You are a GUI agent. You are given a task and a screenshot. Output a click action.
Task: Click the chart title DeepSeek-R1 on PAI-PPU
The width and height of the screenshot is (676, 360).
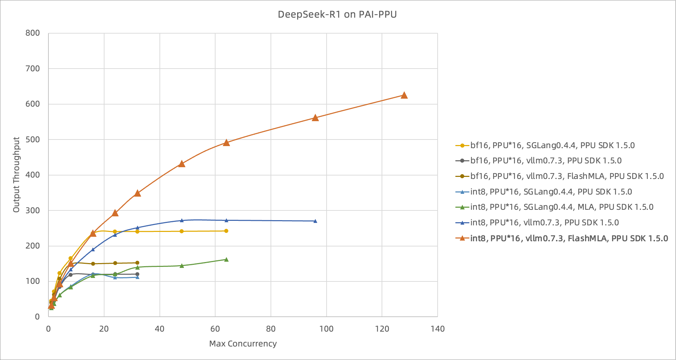[x=337, y=15]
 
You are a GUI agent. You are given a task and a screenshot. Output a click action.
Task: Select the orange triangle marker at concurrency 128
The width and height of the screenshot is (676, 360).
[x=404, y=95]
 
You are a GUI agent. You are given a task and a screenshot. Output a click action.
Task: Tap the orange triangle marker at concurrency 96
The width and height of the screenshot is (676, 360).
[x=315, y=118]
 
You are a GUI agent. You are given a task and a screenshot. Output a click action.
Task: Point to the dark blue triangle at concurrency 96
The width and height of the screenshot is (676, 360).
[x=315, y=221]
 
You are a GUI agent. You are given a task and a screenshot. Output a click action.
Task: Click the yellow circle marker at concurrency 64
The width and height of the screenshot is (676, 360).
[x=226, y=231]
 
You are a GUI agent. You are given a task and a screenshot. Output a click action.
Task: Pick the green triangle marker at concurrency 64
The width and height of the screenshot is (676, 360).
[x=226, y=259]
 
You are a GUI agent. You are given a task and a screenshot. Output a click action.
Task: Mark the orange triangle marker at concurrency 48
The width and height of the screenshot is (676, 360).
[x=182, y=164]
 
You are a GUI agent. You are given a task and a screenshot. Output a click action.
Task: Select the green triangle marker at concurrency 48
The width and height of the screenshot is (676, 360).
[x=182, y=265]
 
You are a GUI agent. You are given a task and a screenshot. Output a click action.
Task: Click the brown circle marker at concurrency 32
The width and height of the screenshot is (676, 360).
[x=137, y=263]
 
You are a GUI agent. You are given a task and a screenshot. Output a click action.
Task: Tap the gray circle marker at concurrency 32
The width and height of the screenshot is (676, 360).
[x=137, y=274]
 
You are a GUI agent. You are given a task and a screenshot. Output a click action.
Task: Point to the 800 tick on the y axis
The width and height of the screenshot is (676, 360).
[x=33, y=33]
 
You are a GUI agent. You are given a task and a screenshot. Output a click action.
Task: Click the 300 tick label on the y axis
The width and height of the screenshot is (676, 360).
[x=33, y=210]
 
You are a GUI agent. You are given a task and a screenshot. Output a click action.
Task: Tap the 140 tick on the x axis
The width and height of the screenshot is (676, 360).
[x=438, y=329]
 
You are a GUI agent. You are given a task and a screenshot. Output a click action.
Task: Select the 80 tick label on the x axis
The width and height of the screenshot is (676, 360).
[x=271, y=329]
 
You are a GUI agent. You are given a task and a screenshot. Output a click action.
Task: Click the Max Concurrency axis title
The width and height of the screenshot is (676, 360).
[x=243, y=344]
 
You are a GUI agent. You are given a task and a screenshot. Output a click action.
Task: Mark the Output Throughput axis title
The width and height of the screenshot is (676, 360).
[x=16, y=174]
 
